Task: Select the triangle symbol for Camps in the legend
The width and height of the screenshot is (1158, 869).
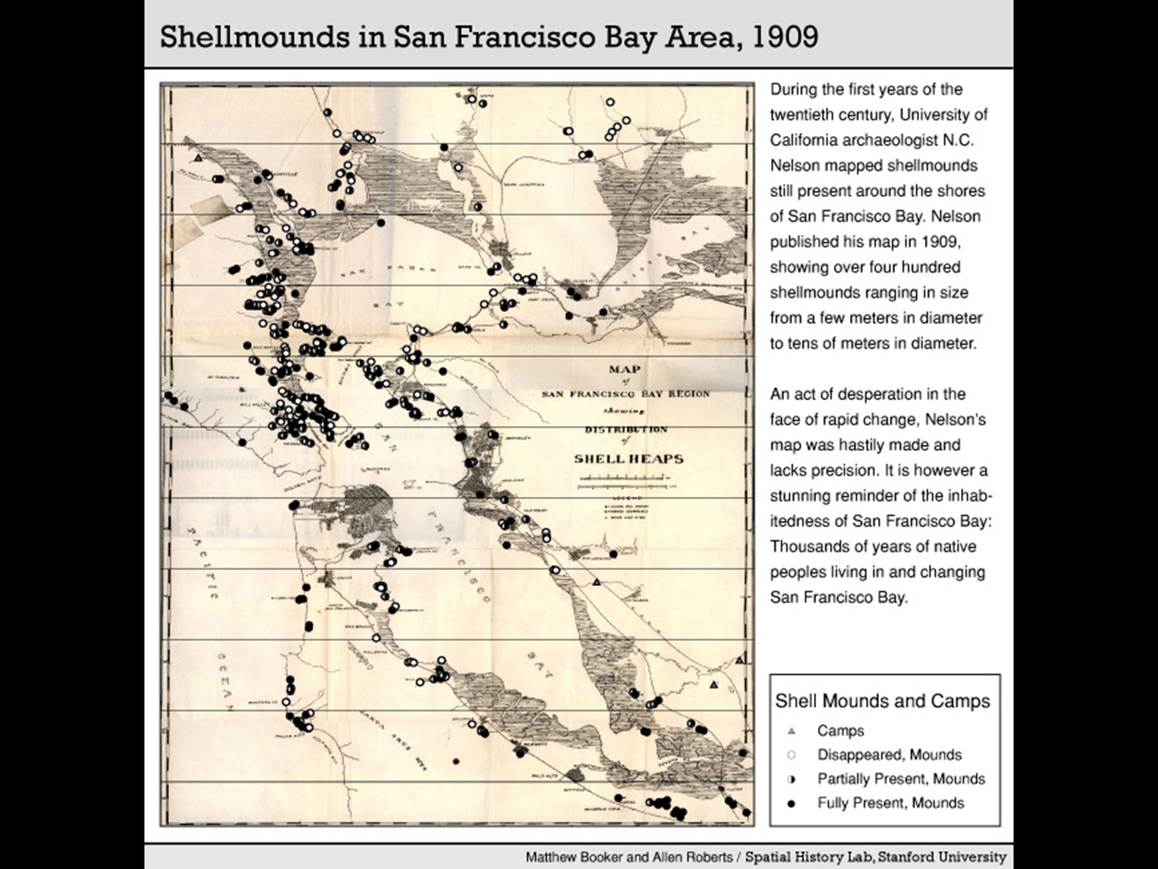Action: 791,731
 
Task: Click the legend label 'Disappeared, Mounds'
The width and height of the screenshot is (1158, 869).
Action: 889,755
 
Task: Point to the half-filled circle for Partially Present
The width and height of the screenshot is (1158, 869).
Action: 791,779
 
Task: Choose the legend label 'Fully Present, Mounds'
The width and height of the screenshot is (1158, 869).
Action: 890,803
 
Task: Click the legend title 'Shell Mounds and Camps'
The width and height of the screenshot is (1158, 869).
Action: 882,701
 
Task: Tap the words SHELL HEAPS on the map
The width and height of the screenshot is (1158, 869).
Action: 628,459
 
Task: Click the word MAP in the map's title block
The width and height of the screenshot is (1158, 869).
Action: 625,369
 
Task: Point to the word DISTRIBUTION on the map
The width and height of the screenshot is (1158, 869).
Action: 626,429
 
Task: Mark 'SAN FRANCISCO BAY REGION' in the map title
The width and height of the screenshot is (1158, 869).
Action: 626,394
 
